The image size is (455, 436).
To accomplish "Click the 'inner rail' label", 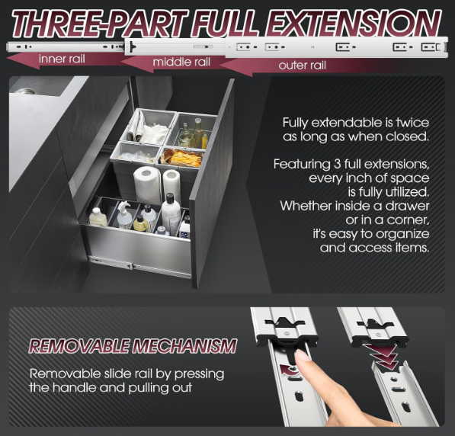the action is tap(62, 59).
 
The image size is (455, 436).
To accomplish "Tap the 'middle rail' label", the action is tap(181, 62).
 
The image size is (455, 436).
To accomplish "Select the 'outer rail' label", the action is tap(302, 66).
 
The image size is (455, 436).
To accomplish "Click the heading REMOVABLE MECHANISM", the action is tap(133, 346).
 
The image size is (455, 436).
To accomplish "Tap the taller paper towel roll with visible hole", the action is tap(147, 185).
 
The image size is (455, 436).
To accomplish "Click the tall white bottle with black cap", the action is tap(171, 214).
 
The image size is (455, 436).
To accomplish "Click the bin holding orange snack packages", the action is tap(181, 159).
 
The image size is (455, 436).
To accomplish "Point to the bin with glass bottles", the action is tap(194, 130).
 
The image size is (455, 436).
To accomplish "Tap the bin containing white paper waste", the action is tap(149, 127).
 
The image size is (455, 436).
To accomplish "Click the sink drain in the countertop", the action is tap(24, 91).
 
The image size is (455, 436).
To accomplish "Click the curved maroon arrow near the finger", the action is tap(289, 370).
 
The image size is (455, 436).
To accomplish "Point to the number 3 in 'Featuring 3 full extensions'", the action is tap(337, 165).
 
